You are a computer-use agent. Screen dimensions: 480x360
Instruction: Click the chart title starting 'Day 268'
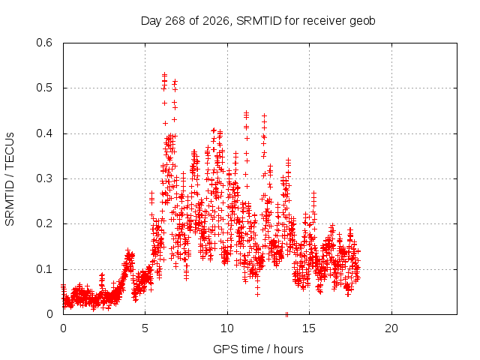point(258,21)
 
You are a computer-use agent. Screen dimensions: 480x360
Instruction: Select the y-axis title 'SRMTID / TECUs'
point(10,179)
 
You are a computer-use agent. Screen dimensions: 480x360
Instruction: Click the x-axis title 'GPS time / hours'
point(258,349)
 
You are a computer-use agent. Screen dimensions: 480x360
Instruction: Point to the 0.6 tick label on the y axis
point(44,43)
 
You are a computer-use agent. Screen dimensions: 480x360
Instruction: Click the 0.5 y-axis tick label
point(44,88)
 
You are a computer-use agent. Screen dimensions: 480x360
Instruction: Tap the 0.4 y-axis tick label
point(44,133)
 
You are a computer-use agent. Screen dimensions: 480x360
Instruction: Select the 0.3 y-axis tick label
point(44,178)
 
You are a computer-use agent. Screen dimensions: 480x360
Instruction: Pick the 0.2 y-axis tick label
point(44,223)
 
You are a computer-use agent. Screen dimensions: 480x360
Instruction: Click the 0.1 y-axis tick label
point(44,269)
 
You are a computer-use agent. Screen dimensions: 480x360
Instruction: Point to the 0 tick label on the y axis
point(49,314)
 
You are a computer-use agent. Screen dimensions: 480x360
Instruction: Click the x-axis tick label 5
point(145,328)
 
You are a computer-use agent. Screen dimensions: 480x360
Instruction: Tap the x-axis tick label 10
point(226,328)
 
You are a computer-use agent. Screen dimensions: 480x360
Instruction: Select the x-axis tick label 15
point(309,328)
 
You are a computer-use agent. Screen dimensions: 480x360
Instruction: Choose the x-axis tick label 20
point(391,328)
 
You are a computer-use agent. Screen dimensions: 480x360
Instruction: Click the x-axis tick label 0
point(63,328)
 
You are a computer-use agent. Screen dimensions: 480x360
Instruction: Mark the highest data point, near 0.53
point(165,74)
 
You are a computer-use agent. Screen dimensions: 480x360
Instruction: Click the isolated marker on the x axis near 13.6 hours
point(286,314)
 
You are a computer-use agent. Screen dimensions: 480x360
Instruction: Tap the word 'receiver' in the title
point(325,21)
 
